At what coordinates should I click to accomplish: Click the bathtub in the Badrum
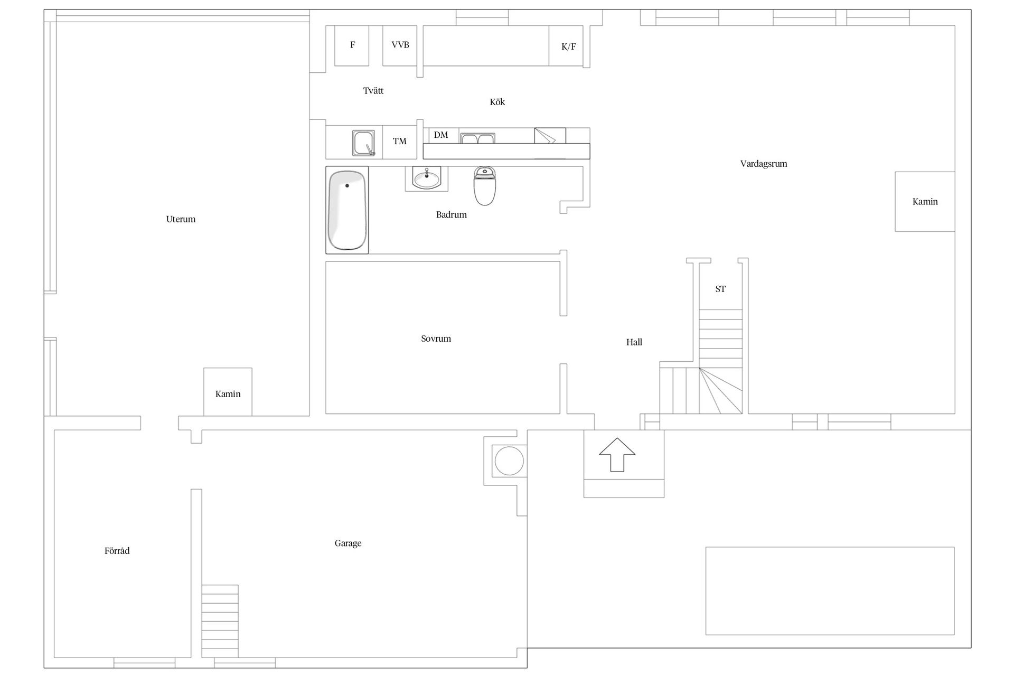click(347, 210)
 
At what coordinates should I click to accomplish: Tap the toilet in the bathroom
click(484, 186)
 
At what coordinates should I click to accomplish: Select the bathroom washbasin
click(426, 179)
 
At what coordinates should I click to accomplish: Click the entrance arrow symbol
click(617, 454)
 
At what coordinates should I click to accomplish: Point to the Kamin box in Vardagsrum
click(925, 201)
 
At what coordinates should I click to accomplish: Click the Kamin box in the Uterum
click(228, 392)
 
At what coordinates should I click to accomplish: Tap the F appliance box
click(352, 46)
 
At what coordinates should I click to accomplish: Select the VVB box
click(400, 46)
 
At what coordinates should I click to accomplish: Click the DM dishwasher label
click(441, 135)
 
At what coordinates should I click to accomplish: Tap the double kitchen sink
click(477, 138)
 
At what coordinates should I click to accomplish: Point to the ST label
click(720, 289)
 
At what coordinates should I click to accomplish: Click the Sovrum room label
click(436, 339)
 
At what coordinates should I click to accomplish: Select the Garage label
click(348, 543)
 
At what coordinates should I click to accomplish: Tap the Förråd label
click(117, 551)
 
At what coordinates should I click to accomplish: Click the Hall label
click(634, 342)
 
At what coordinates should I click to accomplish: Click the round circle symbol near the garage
click(509, 461)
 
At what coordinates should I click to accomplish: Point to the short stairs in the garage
click(220, 621)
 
